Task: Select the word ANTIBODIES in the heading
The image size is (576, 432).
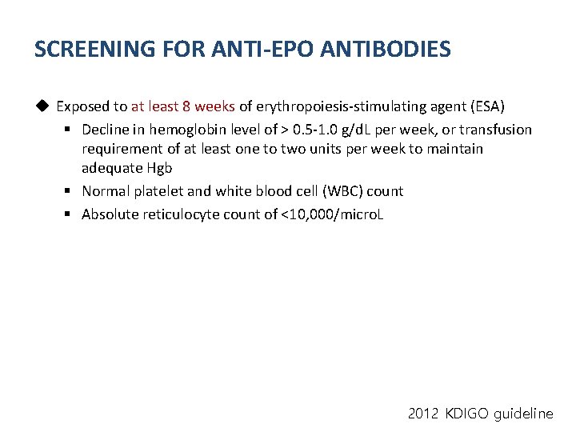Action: pos(386,50)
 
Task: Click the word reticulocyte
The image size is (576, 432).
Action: pos(180,214)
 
